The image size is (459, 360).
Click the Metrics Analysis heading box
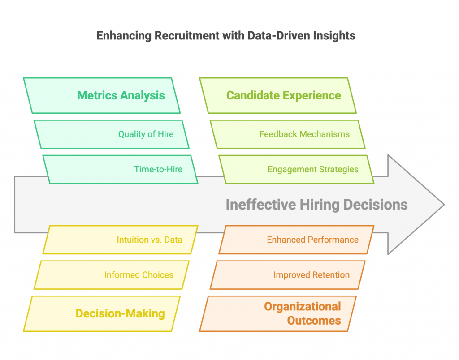coord(102,95)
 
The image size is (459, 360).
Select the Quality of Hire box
coord(112,134)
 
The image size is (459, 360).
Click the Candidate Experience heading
coord(278,95)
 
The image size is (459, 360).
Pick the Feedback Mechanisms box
coord(288,134)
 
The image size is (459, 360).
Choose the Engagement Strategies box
coord(297,169)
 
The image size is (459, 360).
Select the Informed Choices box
coord(112,275)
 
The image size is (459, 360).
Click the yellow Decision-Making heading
coord(102,313)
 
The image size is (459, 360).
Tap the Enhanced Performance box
coord(297,240)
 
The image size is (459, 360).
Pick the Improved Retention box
coord(288,275)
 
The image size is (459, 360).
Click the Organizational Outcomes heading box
coord(278,313)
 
